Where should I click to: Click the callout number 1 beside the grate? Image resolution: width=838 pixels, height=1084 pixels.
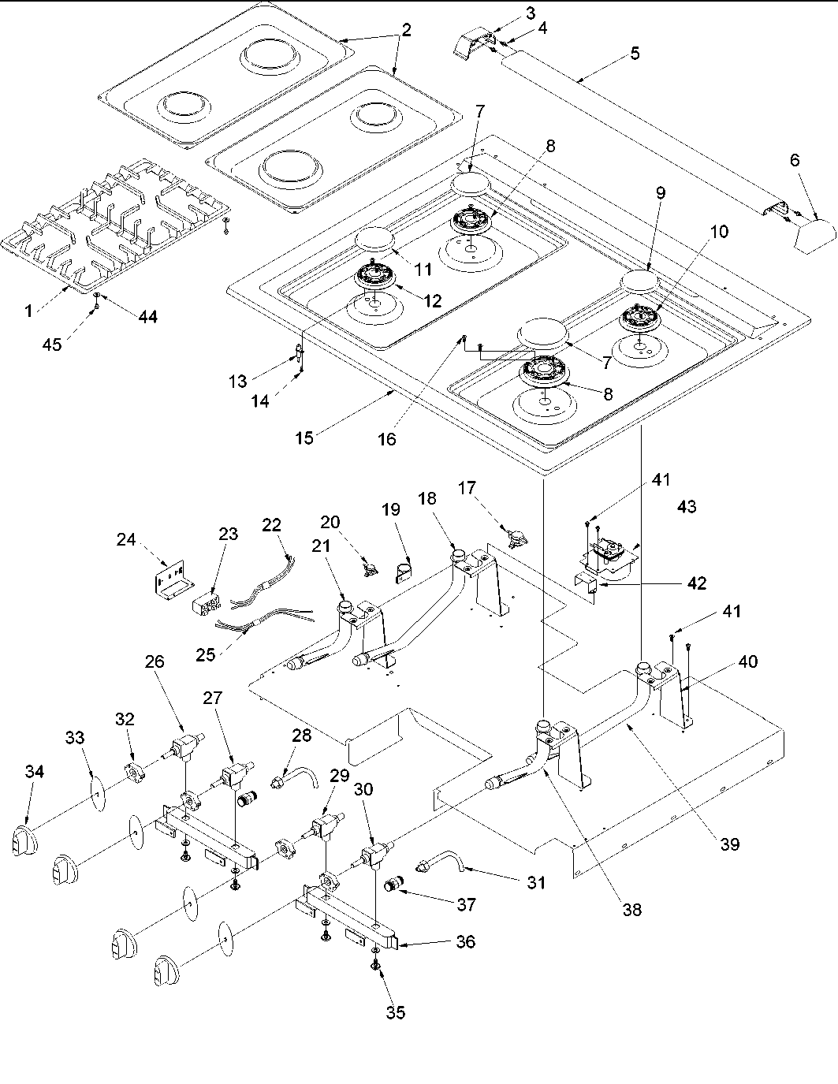click(x=28, y=311)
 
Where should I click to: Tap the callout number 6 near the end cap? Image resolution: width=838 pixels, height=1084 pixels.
click(x=795, y=160)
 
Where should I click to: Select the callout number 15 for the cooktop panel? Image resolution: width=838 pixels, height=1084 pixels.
click(x=304, y=438)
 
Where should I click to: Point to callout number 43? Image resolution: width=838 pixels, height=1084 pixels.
click(x=686, y=506)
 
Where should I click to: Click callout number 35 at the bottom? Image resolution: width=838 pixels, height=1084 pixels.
click(x=396, y=1012)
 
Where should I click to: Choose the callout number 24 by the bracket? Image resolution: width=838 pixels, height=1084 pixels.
click(x=126, y=540)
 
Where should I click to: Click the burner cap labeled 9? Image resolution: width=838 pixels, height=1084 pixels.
click(x=643, y=281)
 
